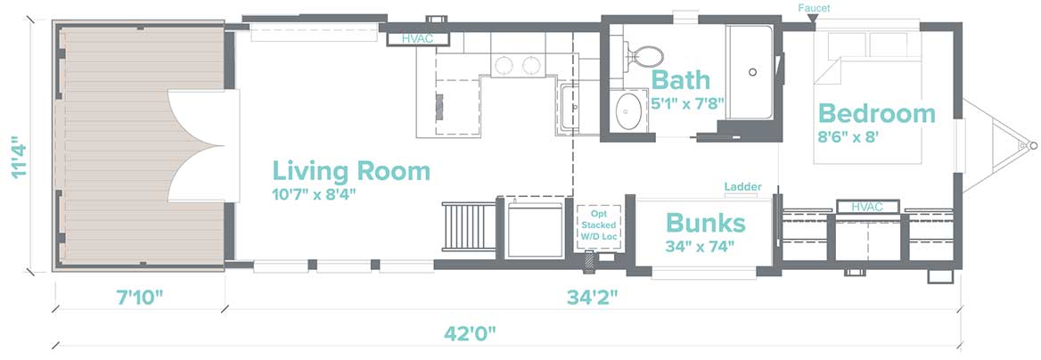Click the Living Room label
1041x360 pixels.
tap(351, 171)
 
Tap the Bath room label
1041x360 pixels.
tap(681, 80)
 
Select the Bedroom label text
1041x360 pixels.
tap(876, 113)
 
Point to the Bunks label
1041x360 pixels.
tap(705, 223)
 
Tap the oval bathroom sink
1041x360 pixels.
tap(627, 110)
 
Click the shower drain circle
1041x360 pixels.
tap(753, 72)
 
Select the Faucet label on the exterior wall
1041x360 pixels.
tap(814, 8)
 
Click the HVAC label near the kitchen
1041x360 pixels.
tap(418, 39)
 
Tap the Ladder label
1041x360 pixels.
tap(743, 187)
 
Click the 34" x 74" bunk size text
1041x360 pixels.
tap(700, 247)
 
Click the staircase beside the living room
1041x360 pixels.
tap(470, 226)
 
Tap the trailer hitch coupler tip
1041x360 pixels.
tap(1032, 145)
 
